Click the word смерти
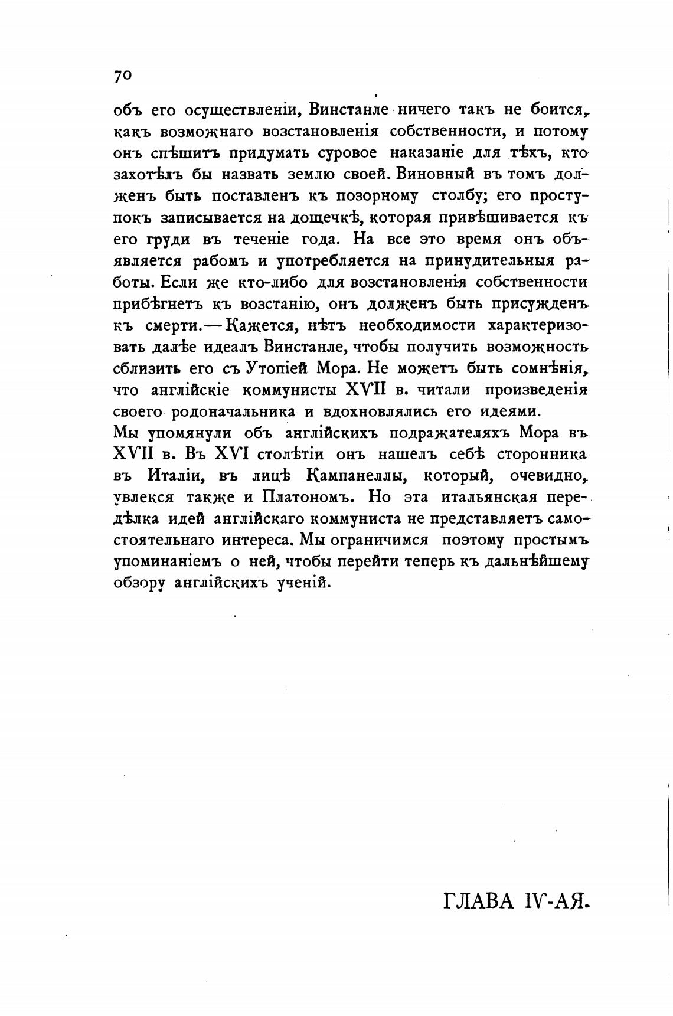(x=174, y=325)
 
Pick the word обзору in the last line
(x=139, y=583)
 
